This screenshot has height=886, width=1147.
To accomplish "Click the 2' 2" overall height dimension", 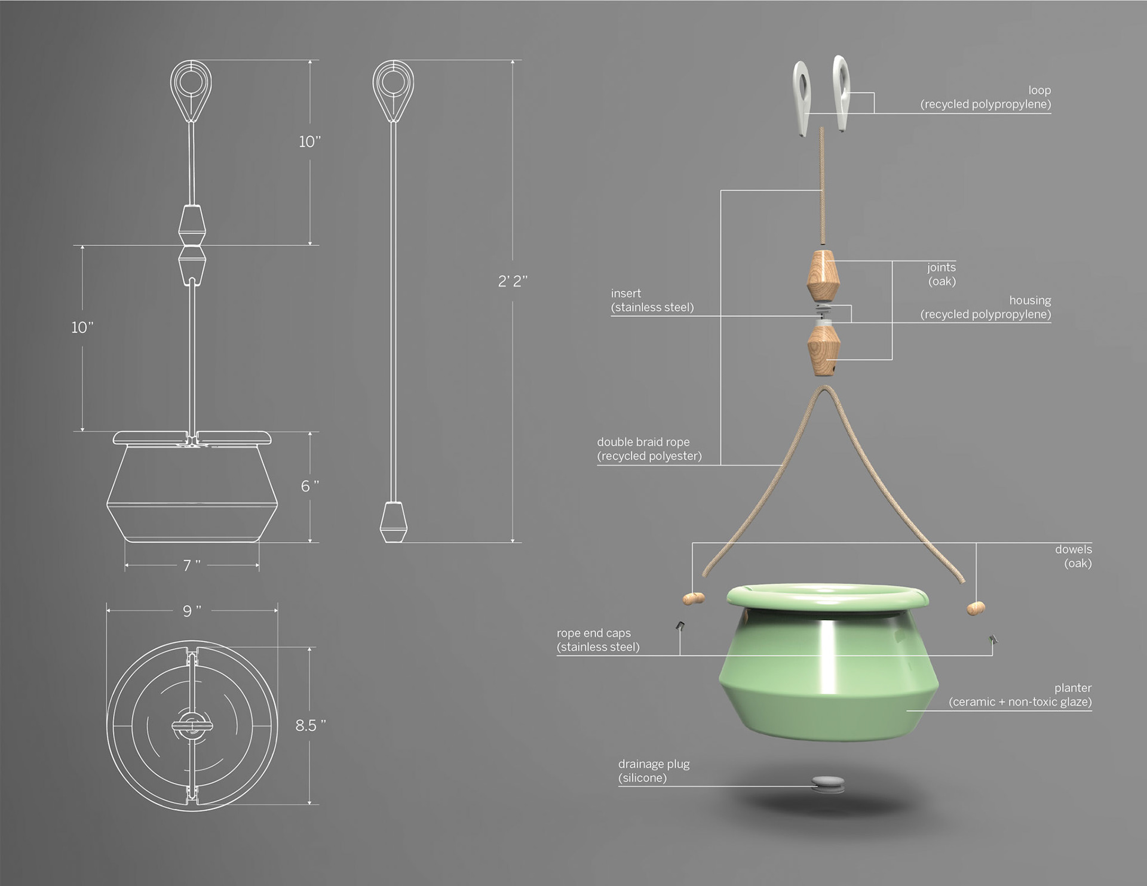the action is [513, 281].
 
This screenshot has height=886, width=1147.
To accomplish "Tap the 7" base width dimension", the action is [192, 565].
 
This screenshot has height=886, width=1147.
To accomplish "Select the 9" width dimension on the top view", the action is [192, 611].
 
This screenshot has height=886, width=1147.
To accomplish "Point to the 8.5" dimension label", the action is [311, 725].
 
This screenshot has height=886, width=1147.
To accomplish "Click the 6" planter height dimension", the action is [309, 486].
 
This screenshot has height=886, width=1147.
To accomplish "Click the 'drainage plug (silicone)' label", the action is [654, 771].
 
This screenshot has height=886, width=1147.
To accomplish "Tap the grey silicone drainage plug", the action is [828, 784].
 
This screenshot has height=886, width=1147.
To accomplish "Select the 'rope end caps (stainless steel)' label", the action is [598, 640].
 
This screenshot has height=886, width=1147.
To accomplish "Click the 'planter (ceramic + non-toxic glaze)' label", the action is [1020, 695].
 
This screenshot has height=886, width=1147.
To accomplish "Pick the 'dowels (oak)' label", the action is [1074, 556].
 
